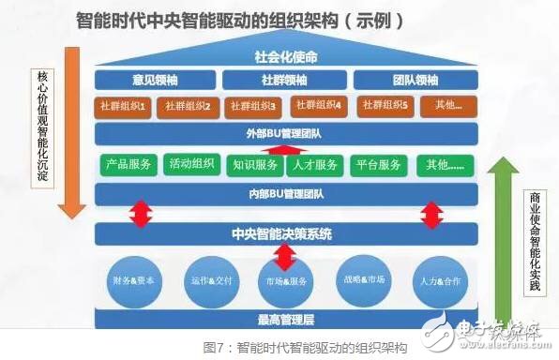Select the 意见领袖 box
point(151,80)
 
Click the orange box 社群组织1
point(122,106)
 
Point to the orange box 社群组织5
point(382,106)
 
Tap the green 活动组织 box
point(190,165)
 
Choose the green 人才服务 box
point(314,165)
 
